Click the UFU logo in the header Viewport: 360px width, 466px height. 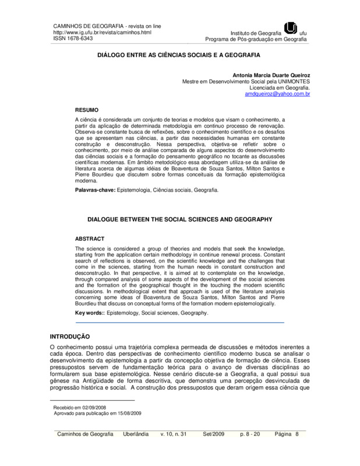tap(290, 28)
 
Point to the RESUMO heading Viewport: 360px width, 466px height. tap(88, 110)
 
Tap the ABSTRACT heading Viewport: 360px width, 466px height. tap(90, 239)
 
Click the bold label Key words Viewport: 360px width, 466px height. tap(91, 313)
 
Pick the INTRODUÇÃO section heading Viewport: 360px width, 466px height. tap(69, 337)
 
